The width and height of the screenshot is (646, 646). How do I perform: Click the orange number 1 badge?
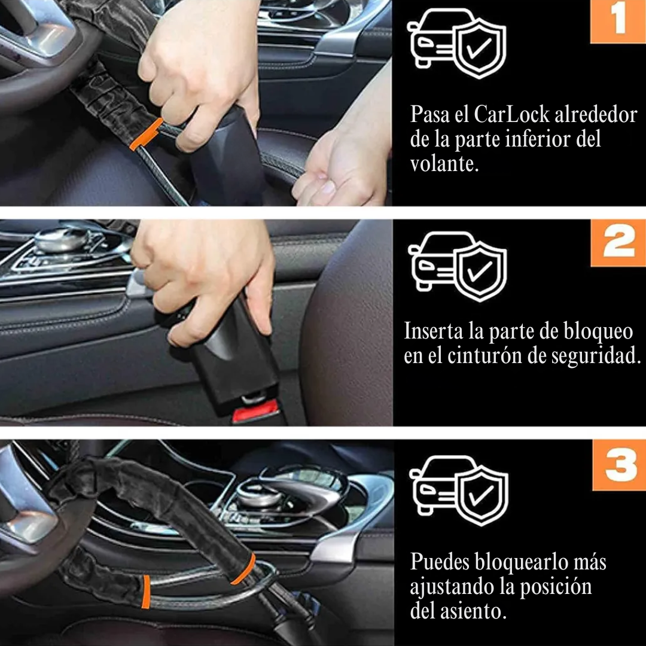tap(618, 22)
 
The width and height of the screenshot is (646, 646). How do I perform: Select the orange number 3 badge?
tap(620, 465)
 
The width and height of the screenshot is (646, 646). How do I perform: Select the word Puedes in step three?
tap(440, 562)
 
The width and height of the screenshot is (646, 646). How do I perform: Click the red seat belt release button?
tap(255, 412)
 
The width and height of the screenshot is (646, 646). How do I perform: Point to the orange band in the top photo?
tap(146, 134)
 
